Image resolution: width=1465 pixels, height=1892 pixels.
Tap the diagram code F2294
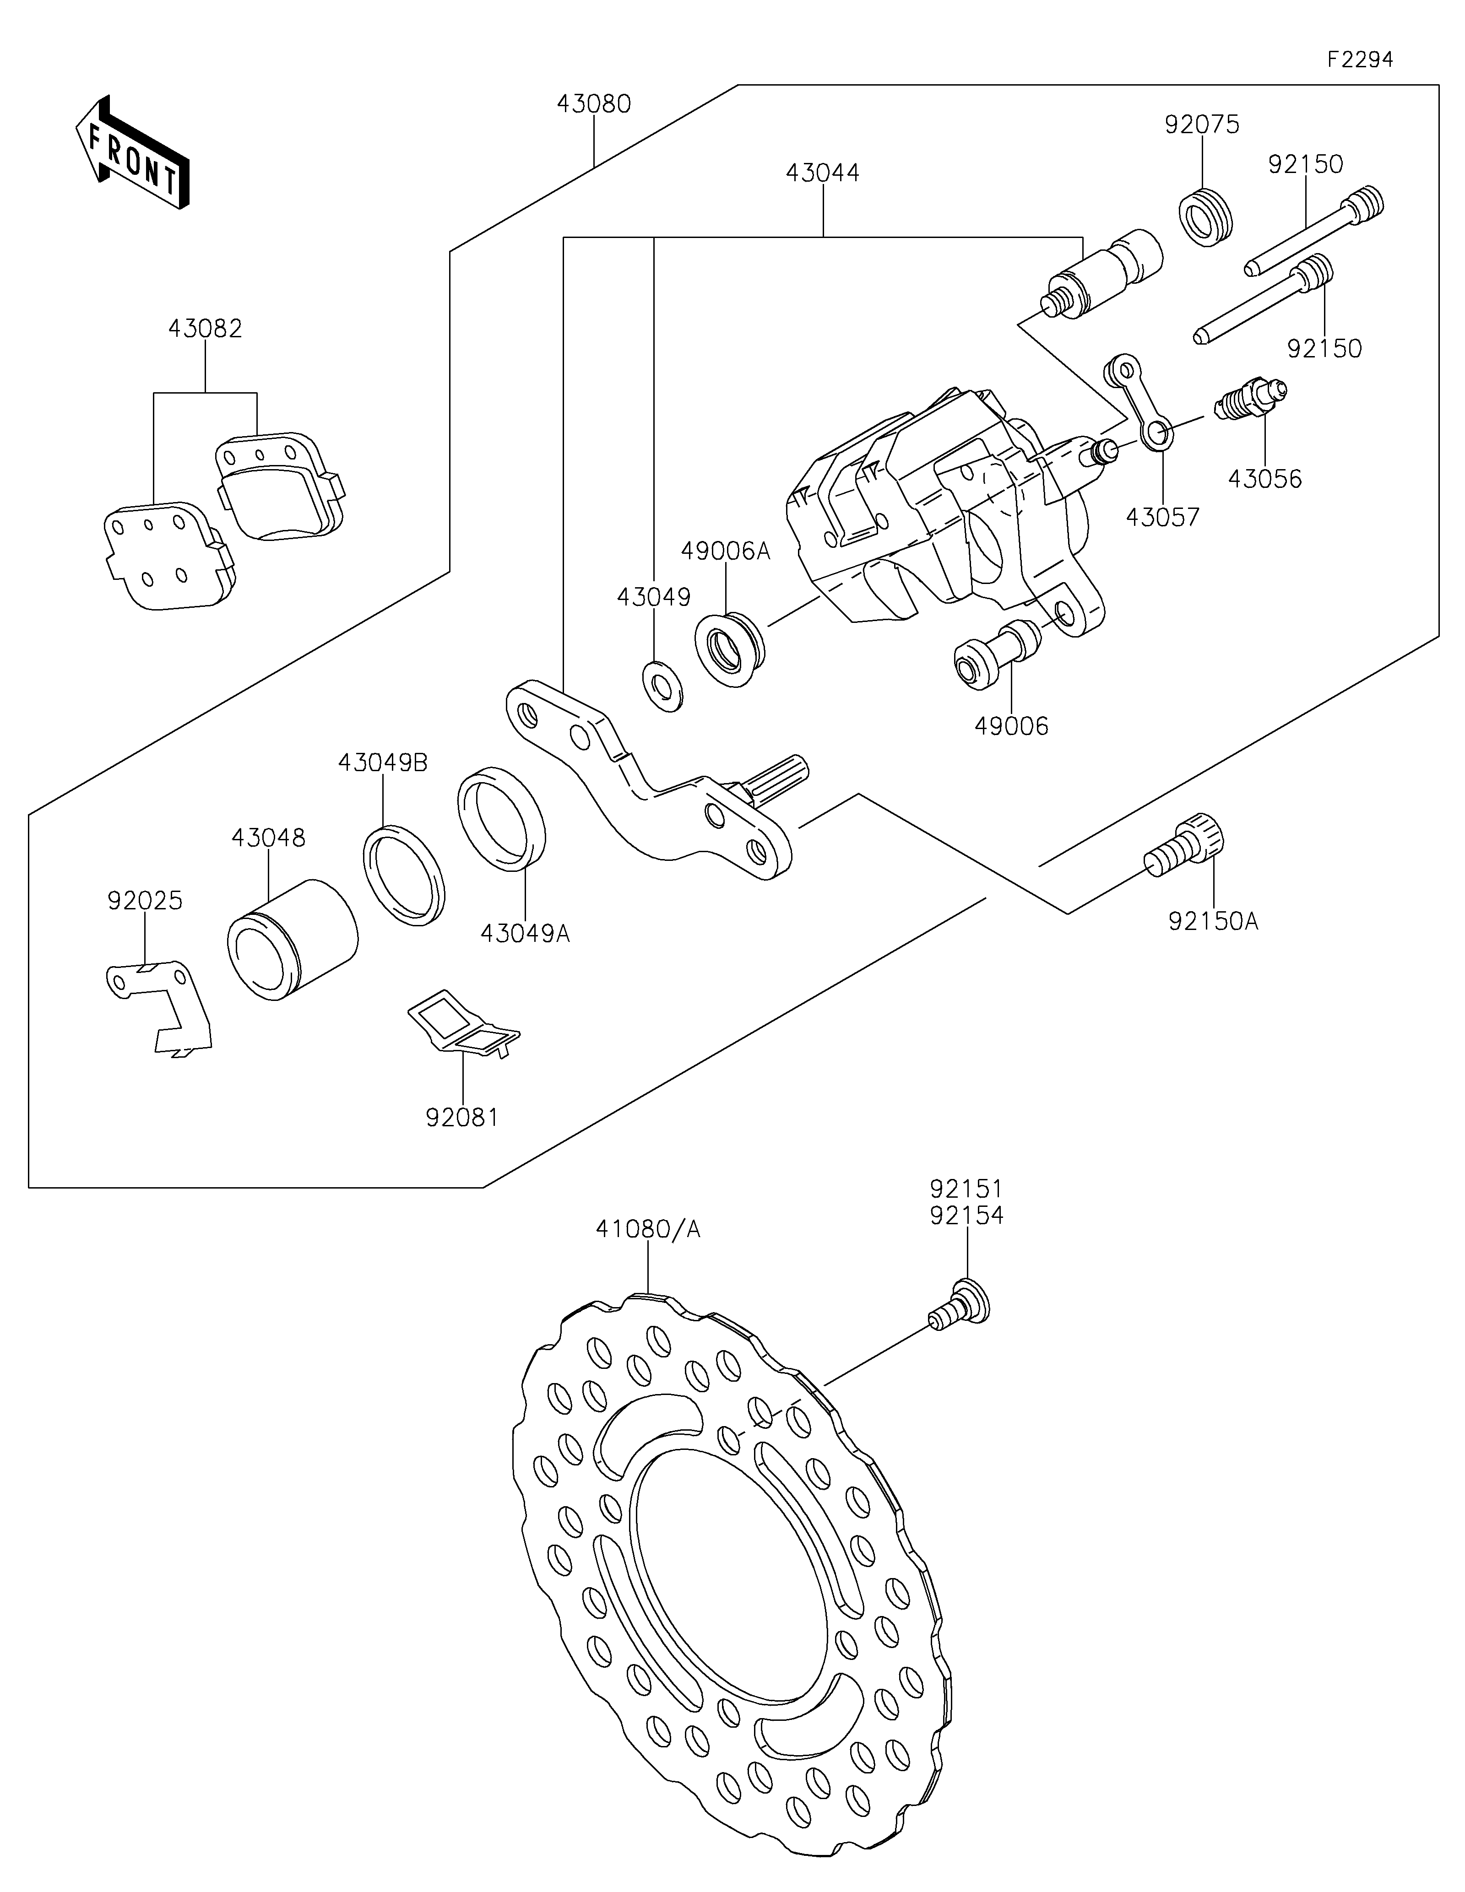tap(1360, 60)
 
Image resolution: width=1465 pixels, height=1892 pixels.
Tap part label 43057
tap(1163, 517)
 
